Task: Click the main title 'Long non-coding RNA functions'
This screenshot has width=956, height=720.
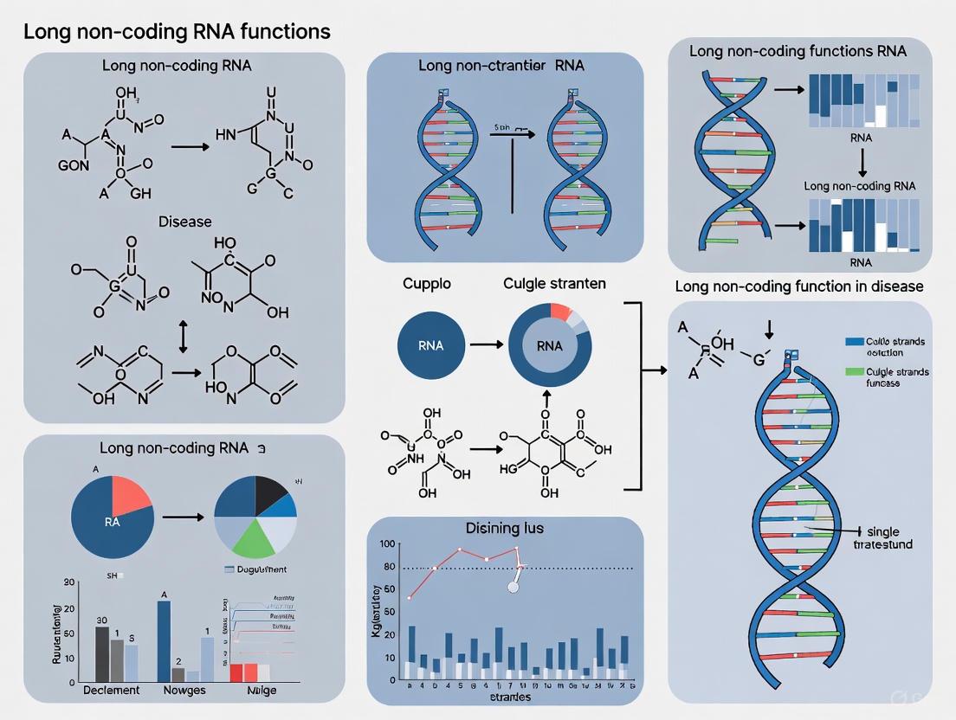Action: coord(177,32)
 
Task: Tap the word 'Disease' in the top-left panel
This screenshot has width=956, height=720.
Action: coord(184,222)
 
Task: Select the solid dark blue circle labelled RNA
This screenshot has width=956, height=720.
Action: coord(430,345)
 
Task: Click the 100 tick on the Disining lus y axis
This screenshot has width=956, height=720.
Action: coord(387,544)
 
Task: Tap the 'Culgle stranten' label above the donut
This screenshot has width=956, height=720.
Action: coord(555,283)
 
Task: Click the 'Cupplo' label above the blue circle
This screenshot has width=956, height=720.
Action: coord(427,283)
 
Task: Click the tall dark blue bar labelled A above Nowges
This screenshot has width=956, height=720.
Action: coord(164,641)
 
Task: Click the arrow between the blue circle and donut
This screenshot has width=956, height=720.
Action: coord(486,345)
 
